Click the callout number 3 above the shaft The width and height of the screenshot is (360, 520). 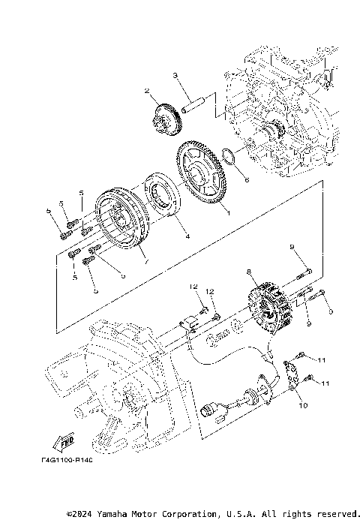pyautogui.click(x=175, y=76)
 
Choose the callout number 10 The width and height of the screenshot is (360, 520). pyautogui.click(x=303, y=406)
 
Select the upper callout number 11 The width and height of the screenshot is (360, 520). pyautogui.click(x=322, y=361)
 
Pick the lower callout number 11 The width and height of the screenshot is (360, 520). pyautogui.click(x=325, y=384)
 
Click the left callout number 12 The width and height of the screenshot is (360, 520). pyautogui.click(x=193, y=287)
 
